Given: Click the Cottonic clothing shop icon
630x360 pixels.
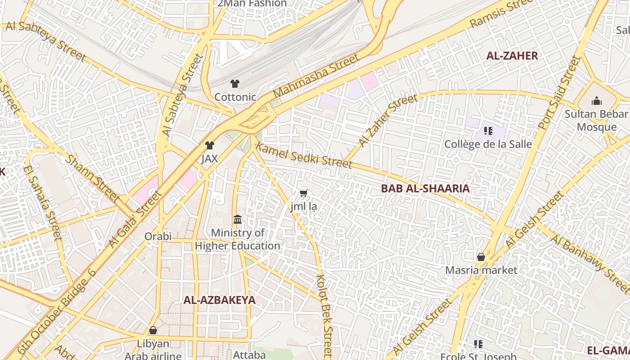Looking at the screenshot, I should click(x=234, y=83).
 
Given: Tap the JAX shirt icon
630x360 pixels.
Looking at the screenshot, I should click(x=210, y=145).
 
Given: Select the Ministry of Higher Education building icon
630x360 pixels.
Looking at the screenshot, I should click(x=238, y=220).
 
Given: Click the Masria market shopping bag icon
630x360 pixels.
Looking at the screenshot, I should click(x=481, y=257).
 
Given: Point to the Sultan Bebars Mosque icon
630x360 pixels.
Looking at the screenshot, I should click(x=597, y=100).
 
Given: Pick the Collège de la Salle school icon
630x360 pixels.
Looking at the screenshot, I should click(x=488, y=131).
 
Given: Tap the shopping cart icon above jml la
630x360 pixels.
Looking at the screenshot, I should click(x=304, y=193).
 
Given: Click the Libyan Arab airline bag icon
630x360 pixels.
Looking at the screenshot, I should click(x=153, y=331).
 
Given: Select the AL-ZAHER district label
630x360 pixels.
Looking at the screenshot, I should click(x=512, y=56).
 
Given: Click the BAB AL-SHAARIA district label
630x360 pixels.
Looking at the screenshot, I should click(x=425, y=189).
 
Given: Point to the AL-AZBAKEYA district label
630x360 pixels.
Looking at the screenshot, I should click(x=219, y=301).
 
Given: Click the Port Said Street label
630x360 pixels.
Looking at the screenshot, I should click(x=560, y=92).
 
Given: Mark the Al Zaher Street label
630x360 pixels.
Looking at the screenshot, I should click(x=389, y=121).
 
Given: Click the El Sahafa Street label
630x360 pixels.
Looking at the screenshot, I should click(x=42, y=202).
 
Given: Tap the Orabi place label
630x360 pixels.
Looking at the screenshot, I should click(x=158, y=236).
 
